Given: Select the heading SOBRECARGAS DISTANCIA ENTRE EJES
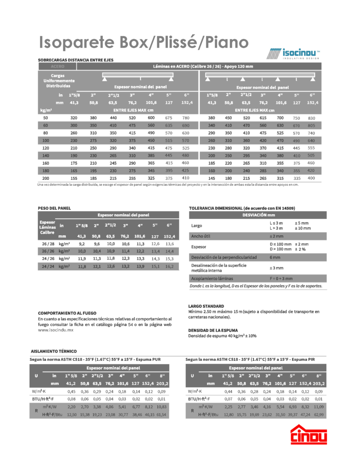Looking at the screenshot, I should pyautogui.click(x=75, y=60).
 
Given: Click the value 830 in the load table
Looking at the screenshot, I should pyautogui.click(x=311, y=118).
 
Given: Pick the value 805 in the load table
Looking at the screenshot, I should pyautogui.click(x=311, y=125).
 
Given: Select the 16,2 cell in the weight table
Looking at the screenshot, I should pyautogui.click(x=169, y=266).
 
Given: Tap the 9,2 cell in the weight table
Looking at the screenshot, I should pyautogui.click(x=82, y=244).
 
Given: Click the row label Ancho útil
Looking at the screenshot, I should pyautogui.click(x=200, y=236).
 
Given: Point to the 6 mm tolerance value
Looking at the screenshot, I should pyautogui.click(x=274, y=257).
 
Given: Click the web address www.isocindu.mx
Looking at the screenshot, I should pyautogui.click(x=56, y=330).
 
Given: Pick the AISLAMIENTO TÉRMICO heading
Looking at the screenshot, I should pyautogui.click(x=53, y=351).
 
